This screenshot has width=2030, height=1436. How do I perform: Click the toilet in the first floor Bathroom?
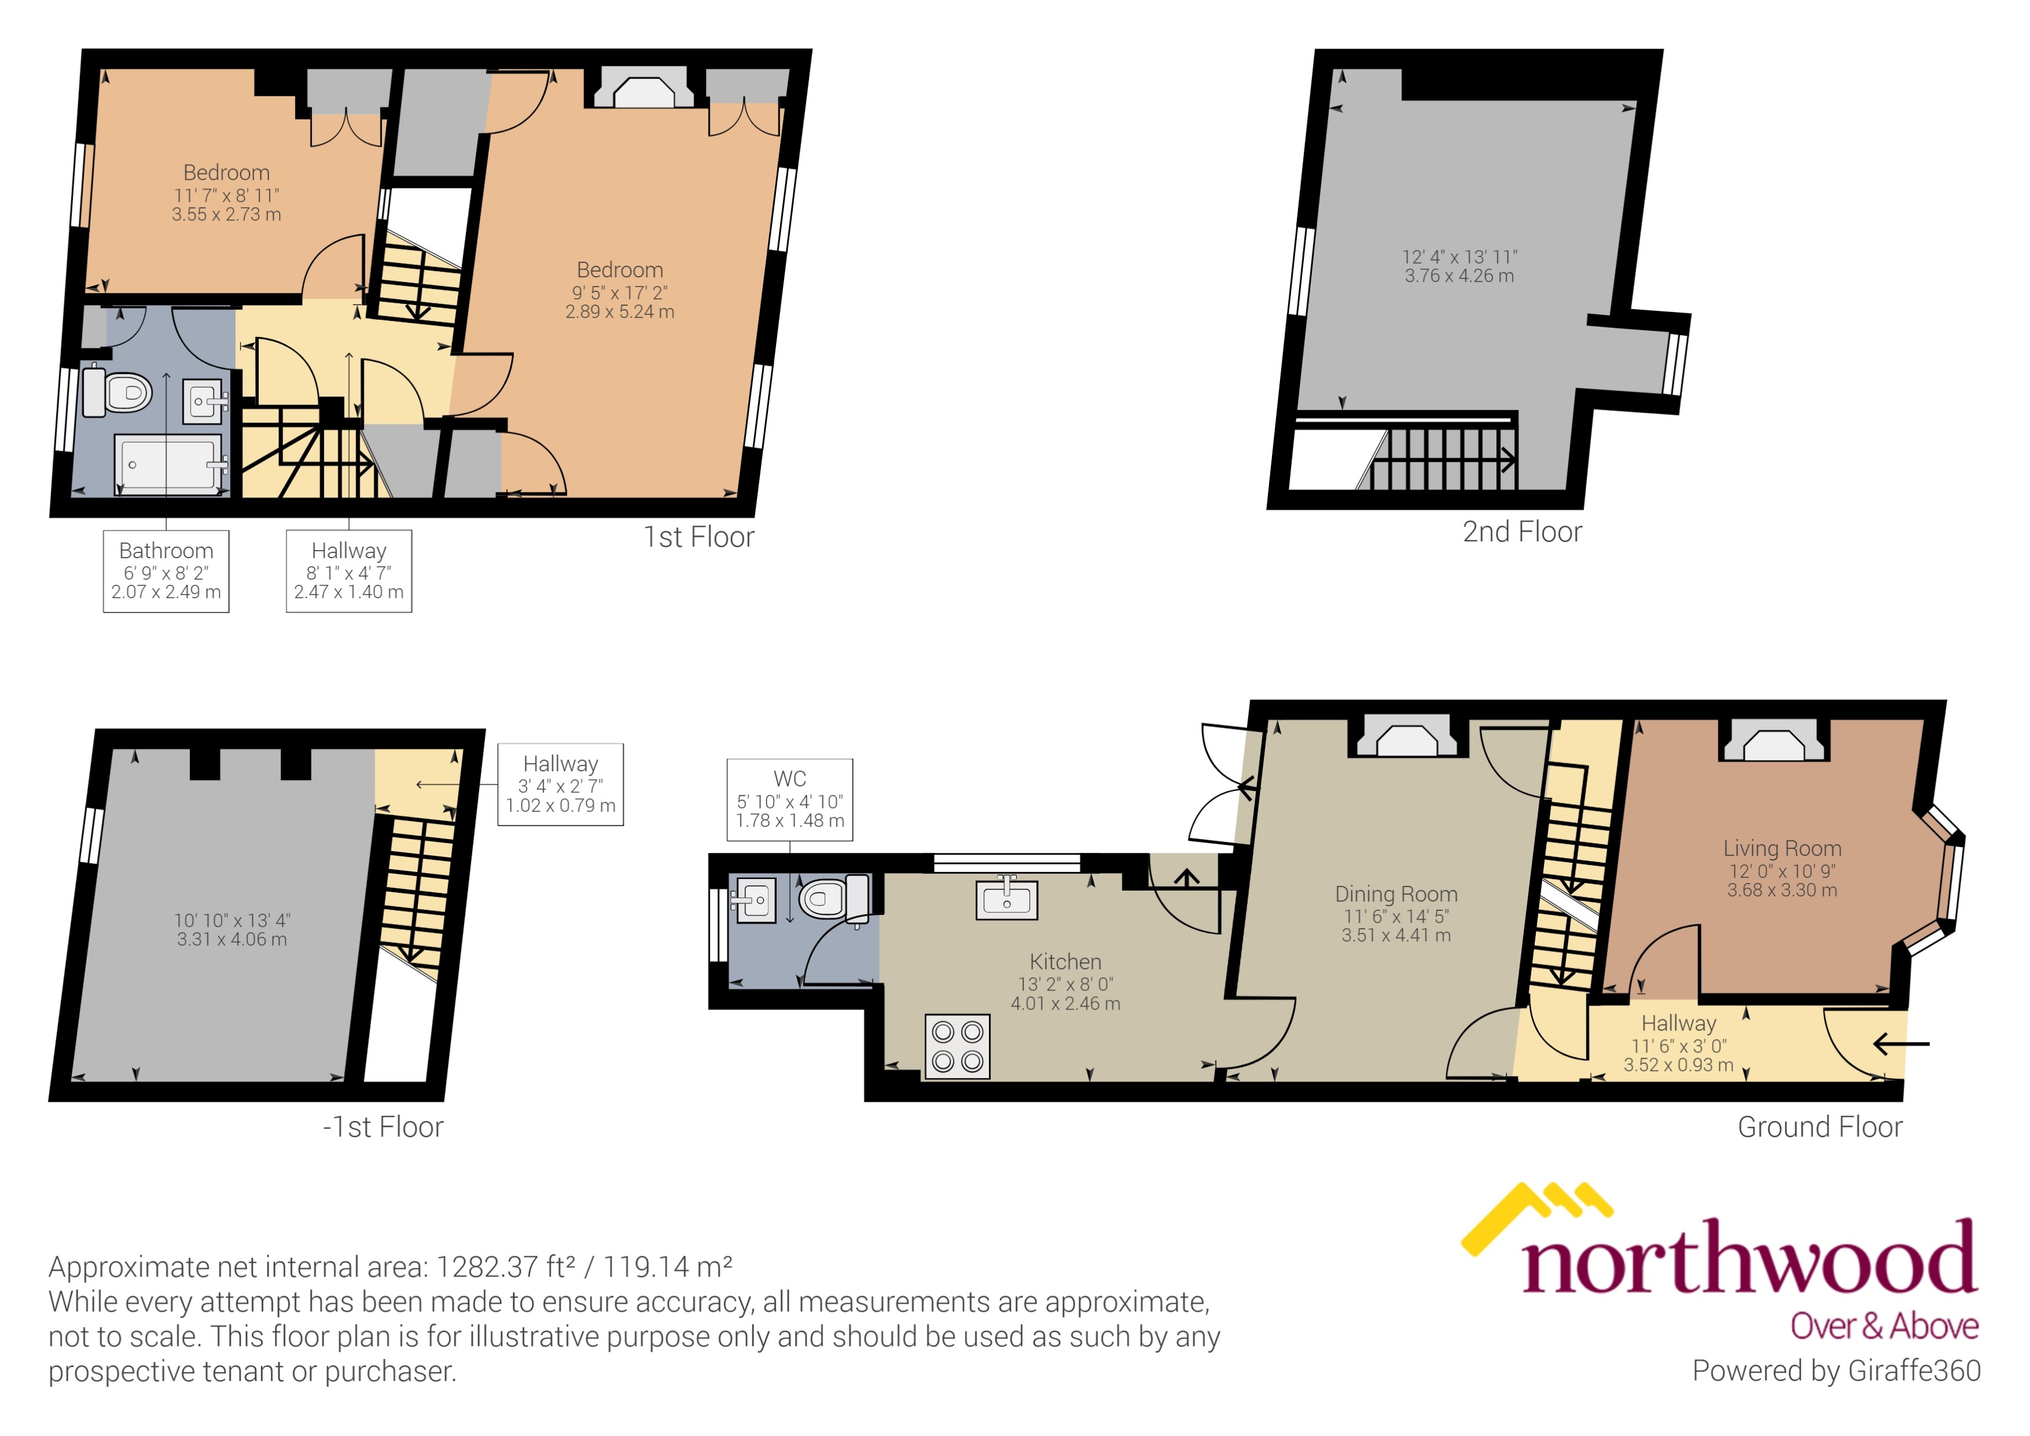(x=119, y=392)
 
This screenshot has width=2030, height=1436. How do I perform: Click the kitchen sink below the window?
(x=1006, y=900)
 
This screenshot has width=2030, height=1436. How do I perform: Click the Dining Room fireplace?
(x=1408, y=737)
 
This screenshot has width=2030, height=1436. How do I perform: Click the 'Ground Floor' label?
(x=1819, y=1127)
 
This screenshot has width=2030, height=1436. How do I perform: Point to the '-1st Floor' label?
(x=383, y=1127)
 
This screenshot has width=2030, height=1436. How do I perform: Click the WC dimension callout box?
(x=789, y=800)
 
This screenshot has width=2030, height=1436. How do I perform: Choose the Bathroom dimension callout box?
(x=166, y=571)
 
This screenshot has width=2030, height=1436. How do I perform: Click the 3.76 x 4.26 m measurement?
(x=1459, y=276)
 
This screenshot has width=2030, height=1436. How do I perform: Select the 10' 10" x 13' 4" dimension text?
(x=231, y=920)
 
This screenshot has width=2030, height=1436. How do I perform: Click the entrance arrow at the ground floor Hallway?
(x=1900, y=1044)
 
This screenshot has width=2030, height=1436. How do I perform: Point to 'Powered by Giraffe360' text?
(x=1836, y=1370)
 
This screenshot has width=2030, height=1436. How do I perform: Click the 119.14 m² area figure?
(x=668, y=1267)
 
